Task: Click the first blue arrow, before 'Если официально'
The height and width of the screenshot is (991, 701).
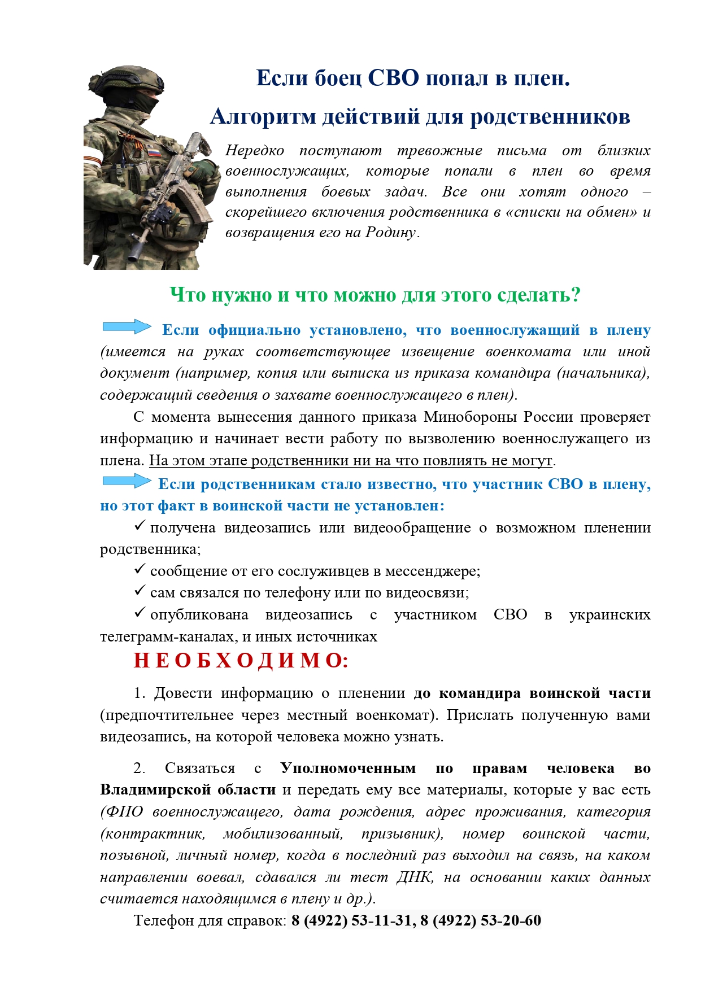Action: point(127,327)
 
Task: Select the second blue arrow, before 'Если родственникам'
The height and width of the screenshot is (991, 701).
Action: point(127,481)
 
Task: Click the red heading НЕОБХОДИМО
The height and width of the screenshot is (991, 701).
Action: point(241,660)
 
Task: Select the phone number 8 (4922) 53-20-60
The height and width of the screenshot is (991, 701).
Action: point(481,920)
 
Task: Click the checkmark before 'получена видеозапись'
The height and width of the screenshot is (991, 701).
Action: point(140,526)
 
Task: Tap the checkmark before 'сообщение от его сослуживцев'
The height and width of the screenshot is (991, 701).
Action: point(140,570)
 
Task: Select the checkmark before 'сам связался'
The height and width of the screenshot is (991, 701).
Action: point(140,591)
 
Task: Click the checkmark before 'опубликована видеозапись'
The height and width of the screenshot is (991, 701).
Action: point(140,613)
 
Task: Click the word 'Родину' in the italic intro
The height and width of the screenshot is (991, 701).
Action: point(390,233)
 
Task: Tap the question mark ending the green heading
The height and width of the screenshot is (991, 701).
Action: point(575,295)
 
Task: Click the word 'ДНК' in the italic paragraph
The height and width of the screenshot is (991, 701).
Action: point(414,877)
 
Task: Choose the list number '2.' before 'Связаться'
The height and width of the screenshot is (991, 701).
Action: point(139,769)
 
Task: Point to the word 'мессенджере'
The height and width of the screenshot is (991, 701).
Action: point(432,571)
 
